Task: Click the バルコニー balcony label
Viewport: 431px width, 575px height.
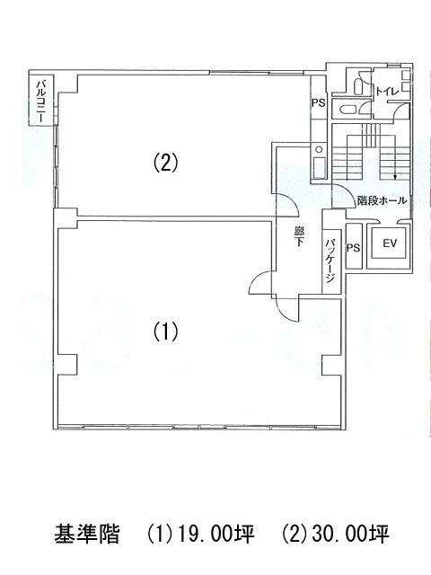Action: coord(40,102)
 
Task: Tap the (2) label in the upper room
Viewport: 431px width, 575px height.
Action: coord(165,163)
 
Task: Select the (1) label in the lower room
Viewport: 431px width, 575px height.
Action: coord(165,332)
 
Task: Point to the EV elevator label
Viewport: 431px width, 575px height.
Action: coord(390,243)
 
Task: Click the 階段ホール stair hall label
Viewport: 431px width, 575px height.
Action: coord(382,200)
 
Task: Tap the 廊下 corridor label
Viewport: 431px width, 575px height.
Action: coord(299,236)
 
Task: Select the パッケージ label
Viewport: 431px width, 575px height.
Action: coord(332,261)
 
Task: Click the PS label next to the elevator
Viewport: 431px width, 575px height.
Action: coord(354,248)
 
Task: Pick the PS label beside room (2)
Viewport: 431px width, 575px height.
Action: coord(319,103)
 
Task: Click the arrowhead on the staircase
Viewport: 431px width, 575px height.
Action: coord(395,178)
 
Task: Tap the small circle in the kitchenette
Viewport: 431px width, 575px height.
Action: coord(319,150)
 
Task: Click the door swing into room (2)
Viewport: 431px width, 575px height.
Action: coord(288,206)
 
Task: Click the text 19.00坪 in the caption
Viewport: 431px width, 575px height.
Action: coord(215,534)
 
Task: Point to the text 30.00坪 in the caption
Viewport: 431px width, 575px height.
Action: coord(349,534)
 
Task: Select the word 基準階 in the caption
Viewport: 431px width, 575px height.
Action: coord(87,534)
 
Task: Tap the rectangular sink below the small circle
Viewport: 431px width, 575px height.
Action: coord(319,168)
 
